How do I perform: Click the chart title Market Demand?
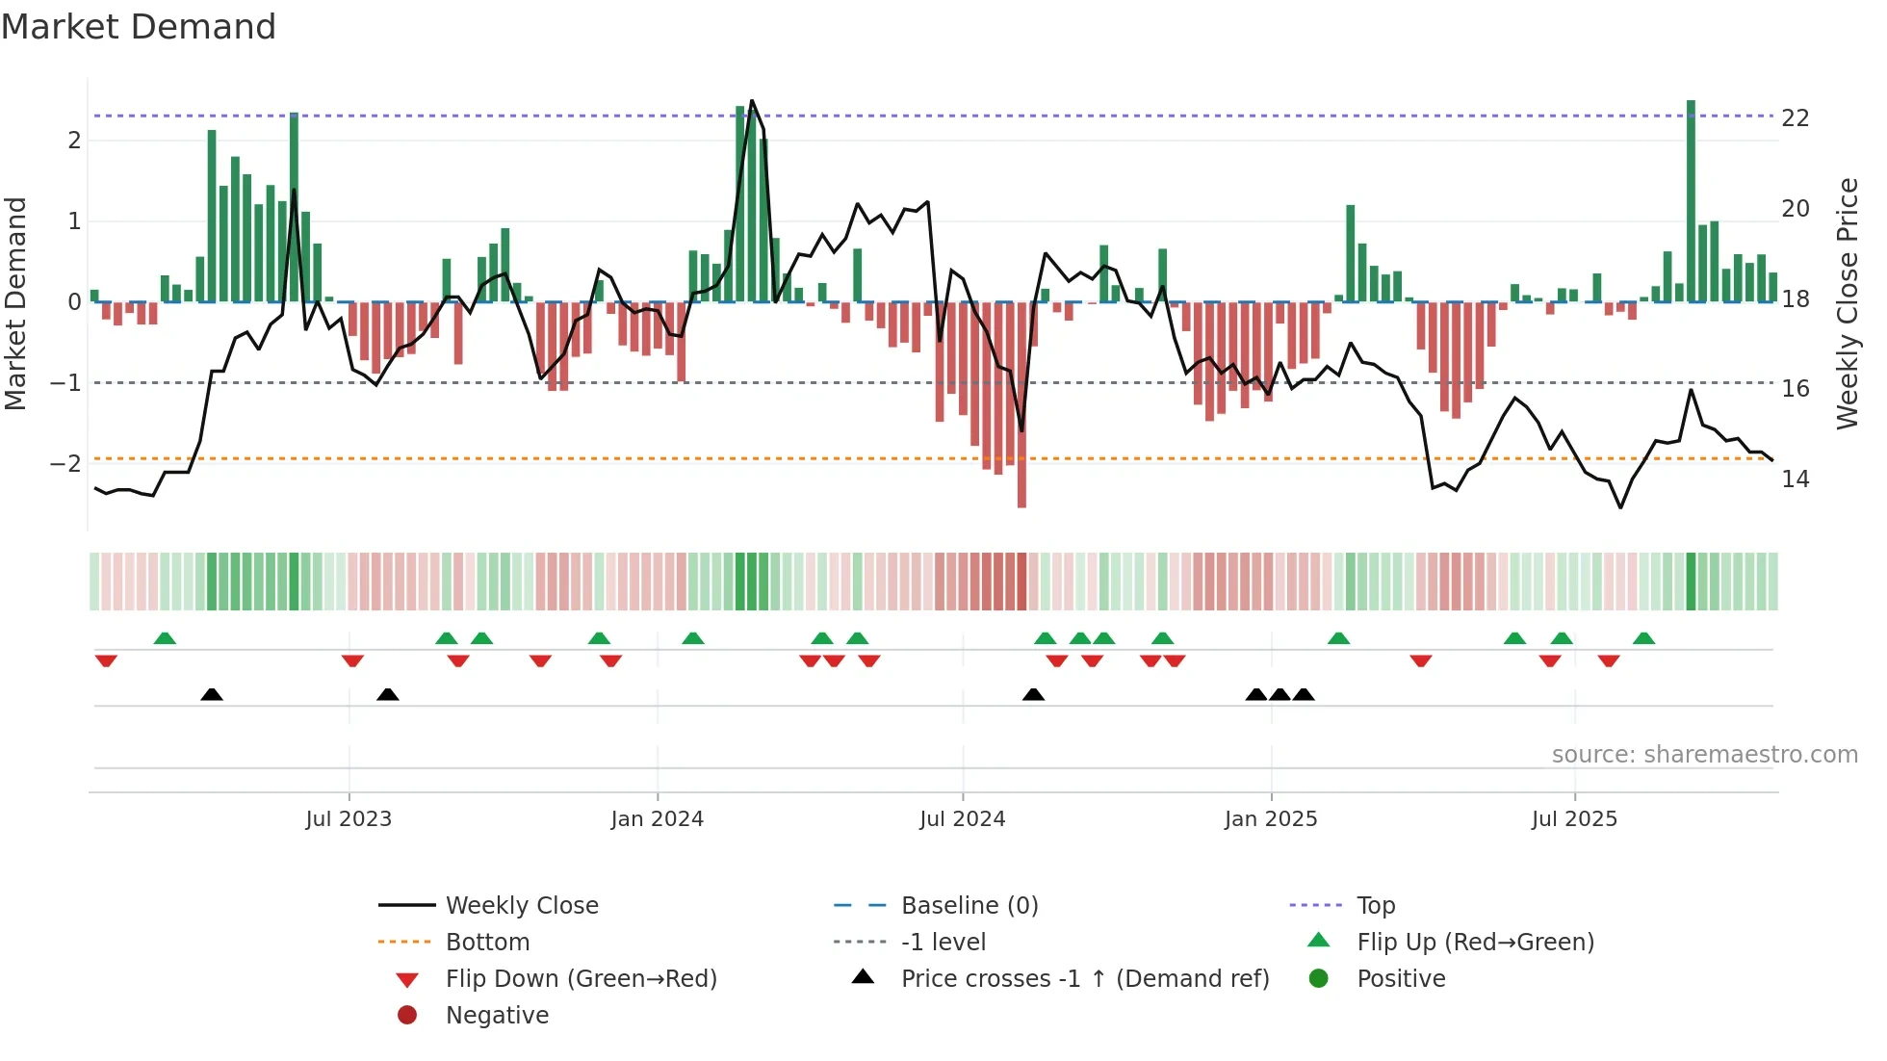pos(139,27)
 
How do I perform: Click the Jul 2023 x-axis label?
pos(349,819)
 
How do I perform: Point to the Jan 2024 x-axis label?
pos(657,819)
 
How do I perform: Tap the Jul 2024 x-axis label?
pos(962,819)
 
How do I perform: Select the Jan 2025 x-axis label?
pos(1271,819)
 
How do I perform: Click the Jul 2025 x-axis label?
pos(1574,819)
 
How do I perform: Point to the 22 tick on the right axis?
pos(1796,118)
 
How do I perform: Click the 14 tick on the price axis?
pos(1796,479)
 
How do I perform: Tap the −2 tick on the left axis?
pos(65,464)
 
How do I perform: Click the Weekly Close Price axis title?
pos(1847,303)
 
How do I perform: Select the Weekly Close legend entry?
pos(522,906)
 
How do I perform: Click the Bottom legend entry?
pos(487,943)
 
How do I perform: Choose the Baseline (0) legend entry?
pos(969,906)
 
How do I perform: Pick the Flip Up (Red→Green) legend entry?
pos(1475,943)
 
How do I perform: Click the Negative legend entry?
pos(497,1016)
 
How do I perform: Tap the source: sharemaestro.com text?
pos(1704,755)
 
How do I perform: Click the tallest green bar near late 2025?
pos(1691,202)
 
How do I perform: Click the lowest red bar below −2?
pos(1021,404)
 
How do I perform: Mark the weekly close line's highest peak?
pos(752,101)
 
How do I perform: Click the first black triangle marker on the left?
pos(212,694)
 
